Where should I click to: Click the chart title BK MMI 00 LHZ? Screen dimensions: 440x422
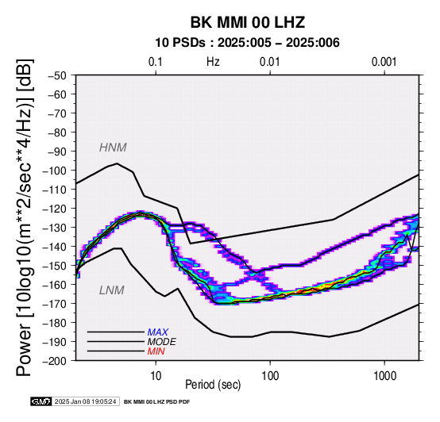[x=248, y=22]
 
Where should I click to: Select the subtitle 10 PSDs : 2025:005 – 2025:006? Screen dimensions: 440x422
[x=247, y=43]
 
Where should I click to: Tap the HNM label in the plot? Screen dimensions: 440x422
[x=113, y=148]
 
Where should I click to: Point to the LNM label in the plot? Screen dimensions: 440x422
[x=112, y=290]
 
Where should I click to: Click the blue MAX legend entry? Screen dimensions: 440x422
[x=158, y=332]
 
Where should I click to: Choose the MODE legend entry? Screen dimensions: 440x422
[x=162, y=342]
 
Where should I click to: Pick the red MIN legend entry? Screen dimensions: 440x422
[x=156, y=351]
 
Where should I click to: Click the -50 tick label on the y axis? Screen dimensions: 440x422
[x=57, y=75]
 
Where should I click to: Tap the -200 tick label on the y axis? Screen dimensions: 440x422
[x=54, y=361]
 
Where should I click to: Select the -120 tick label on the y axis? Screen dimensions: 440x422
[x=54, y=209]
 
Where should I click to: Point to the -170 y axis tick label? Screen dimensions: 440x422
[x=54, y=304]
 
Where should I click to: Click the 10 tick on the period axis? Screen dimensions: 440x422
[x=156, y=376]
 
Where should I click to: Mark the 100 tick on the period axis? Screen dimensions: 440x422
[x=270, y=376]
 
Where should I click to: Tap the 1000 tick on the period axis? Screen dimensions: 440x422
[x=384, y=376]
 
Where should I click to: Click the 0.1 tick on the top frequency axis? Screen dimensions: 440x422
[x=156, y=62]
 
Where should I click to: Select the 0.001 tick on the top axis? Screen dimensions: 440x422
[x=384, y=62]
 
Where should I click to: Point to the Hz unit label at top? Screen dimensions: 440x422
[x=213, y=62]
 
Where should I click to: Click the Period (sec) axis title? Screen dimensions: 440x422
[x=213, y=385]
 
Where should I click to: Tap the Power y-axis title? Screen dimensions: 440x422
[x=25, y=217]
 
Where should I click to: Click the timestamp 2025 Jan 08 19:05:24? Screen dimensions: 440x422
[x=85, y=401]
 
